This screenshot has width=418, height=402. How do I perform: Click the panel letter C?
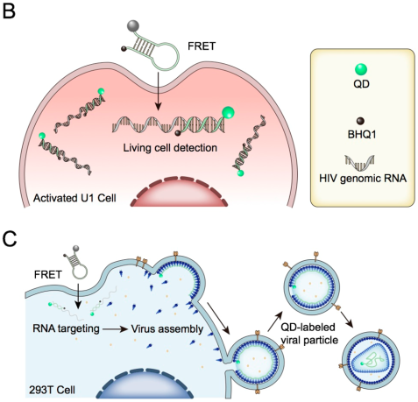[10, 239]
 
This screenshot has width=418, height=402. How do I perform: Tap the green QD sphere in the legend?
[361, 70]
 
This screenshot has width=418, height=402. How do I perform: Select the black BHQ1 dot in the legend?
[361, 121]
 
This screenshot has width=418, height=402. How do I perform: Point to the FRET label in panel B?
[202, 46]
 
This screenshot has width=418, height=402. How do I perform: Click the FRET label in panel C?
[48, 274]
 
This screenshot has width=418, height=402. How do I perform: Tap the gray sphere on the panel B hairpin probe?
[133, 26]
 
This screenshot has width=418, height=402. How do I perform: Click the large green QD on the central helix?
[228, 113]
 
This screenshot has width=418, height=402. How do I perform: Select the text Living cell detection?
[170, 147]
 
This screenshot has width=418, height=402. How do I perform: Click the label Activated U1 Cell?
[74, 198]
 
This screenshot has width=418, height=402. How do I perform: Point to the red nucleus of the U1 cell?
[179, 193]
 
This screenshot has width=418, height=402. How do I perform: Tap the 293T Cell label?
[52, 390]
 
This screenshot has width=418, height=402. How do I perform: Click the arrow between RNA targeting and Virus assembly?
[116, 329]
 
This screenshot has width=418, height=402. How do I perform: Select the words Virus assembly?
[167, 329]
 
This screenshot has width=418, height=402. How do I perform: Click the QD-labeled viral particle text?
[309, 334]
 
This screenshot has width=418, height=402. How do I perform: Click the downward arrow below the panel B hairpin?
[158, 91]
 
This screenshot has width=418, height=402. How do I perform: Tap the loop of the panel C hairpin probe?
[80, 272]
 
